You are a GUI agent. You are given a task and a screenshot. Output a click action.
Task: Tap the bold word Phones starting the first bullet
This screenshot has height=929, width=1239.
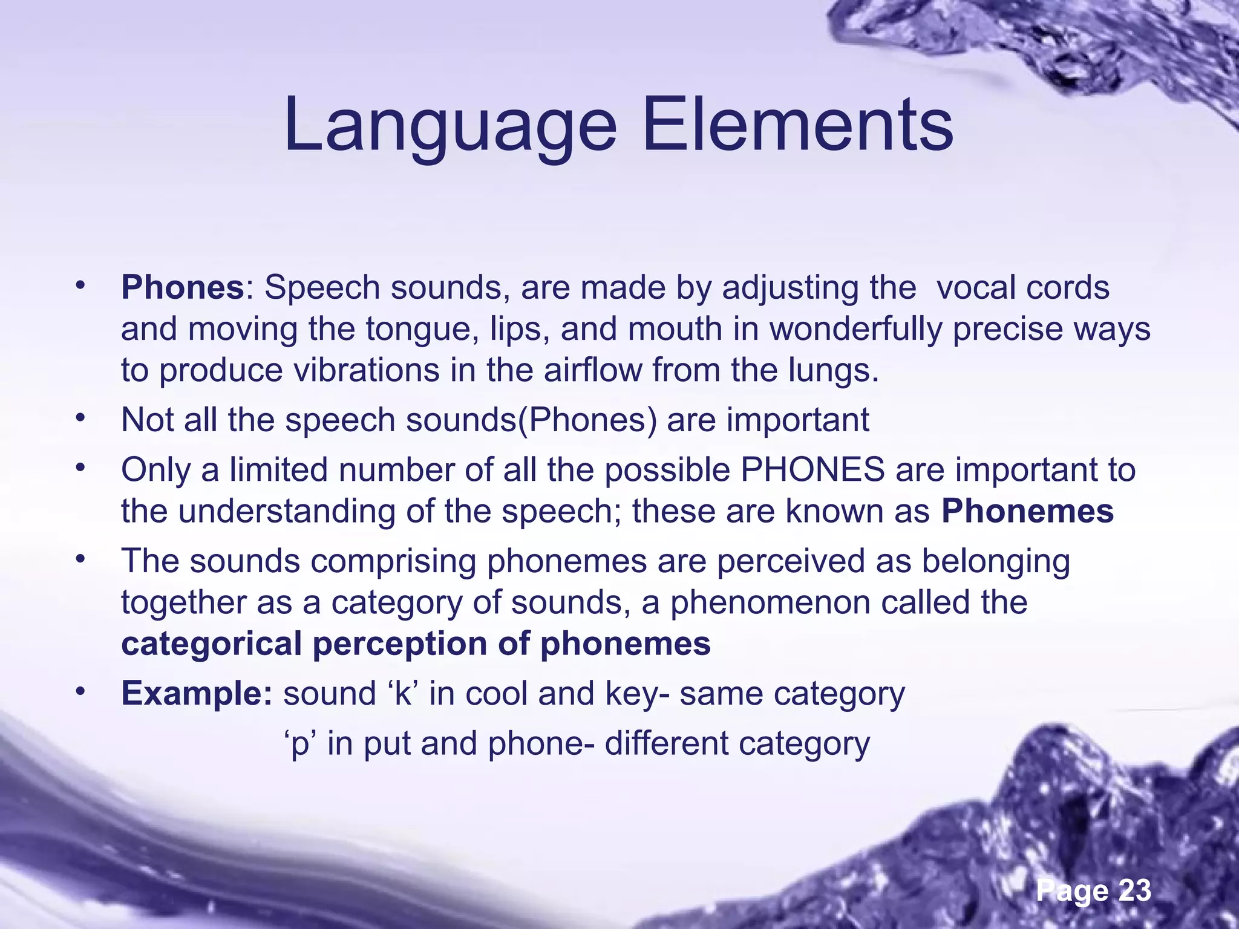click(x=182, y=287)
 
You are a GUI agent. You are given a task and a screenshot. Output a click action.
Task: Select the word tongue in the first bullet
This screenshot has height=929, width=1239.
click(x=417, y=330)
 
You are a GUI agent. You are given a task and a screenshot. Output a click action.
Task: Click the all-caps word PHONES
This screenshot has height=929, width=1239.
click(x=813, y=469)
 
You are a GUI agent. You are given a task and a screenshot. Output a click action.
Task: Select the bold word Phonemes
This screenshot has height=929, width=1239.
click(x=1027, y=511)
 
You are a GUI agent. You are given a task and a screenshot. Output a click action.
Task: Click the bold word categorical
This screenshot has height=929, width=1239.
click(x=211, y=644)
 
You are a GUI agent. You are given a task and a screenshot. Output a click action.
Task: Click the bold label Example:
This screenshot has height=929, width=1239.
click(x=197, y=694)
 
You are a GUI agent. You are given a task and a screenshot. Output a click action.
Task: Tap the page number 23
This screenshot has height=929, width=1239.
click(x=1134, y=890)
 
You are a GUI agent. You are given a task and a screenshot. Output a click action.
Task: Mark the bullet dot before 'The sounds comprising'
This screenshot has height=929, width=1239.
click(x=80, y=559)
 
